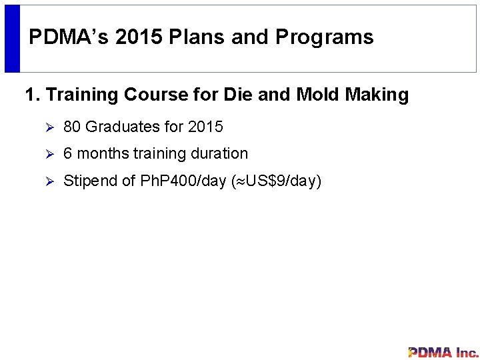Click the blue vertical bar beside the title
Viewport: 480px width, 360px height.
pos(13,39)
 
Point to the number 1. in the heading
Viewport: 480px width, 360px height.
pos(33,95)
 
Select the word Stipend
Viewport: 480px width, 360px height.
pos(89,181)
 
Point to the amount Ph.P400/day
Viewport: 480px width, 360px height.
pos(181,181)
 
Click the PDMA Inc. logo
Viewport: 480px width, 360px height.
pos(443,352)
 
